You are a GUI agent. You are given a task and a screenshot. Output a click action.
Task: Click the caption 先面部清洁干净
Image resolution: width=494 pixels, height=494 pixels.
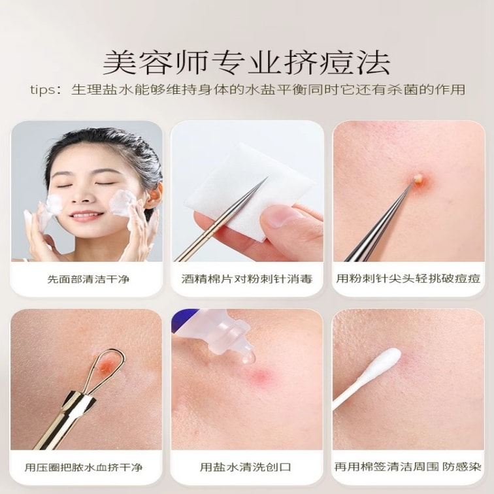coord(88,279)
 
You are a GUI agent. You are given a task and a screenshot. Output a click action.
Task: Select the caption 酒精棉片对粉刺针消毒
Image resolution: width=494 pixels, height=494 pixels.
coord(247,279)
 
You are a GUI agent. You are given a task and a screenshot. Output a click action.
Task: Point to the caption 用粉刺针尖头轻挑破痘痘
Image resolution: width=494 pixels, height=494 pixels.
coord(408,279)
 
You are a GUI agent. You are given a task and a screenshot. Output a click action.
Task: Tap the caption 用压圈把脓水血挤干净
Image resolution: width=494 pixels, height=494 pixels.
coord(84,467)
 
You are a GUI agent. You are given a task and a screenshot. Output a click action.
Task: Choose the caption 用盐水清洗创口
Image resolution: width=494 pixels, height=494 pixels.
coord(245,467)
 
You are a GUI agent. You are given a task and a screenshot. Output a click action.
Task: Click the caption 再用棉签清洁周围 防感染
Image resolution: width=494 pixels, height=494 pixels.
coord(408,467)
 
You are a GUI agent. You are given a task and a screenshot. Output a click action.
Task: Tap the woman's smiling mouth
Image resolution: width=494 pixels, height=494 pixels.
coord(87,216)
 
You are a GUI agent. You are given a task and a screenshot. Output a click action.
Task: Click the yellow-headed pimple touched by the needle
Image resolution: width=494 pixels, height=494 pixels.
coord(419,179)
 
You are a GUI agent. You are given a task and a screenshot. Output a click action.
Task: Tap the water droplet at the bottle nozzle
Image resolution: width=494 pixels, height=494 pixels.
coord(249,357)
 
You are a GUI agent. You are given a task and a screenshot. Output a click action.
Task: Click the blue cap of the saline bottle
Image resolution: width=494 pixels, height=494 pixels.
coord(179,320)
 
